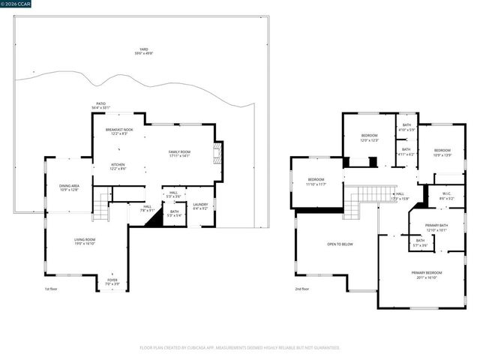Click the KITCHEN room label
[x=118, y=167]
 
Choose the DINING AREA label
[x=70, y=187]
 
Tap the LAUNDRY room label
[x=200, y=206]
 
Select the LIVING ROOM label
[x=84, y=241]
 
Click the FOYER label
[x=111, y=282]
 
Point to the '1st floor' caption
[x=50, y=289]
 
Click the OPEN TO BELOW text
[x=340, y=244]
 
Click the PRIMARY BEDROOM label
[x=427, y=274]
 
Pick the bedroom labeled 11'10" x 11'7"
[x=316, y=181]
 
